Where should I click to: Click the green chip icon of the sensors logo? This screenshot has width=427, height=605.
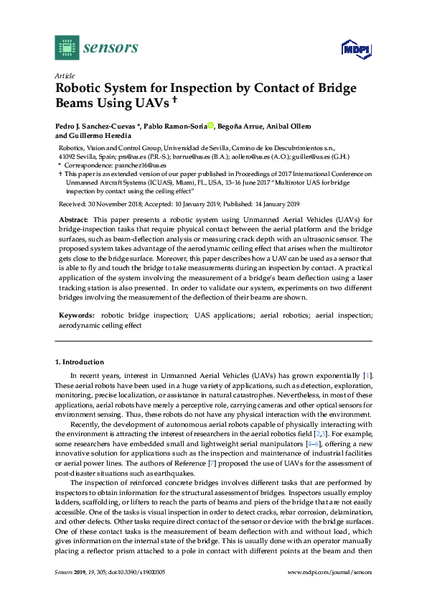click(x=67, y=47)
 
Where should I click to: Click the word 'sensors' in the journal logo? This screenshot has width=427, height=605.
click(x=111, y=48)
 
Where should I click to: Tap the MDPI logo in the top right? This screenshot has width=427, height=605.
click(x=355, y=49)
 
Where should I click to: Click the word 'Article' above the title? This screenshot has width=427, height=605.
click(x=64, y=75)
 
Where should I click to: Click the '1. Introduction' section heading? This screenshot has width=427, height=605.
click(x=79, y=362)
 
